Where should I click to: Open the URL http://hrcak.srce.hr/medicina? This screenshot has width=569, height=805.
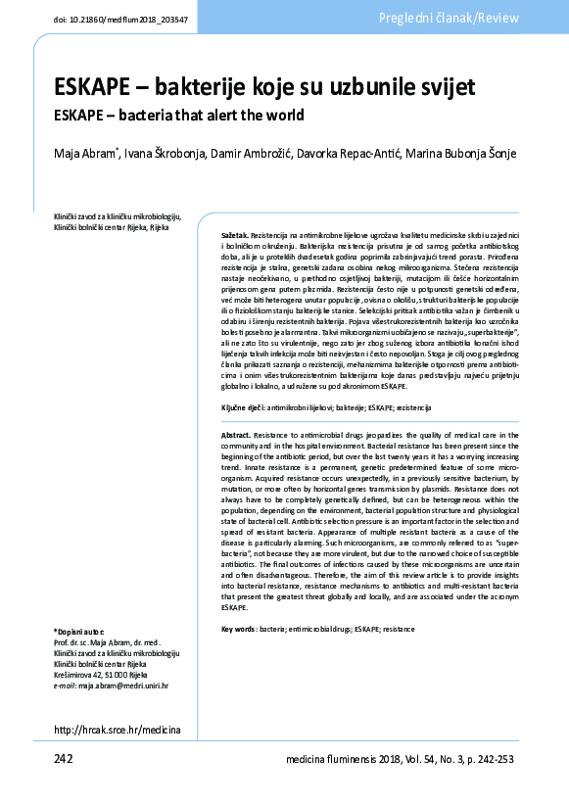pyautogui.click(x=117, y=730)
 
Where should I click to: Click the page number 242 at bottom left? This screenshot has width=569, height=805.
pyautogui.click(x=64, y=759)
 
